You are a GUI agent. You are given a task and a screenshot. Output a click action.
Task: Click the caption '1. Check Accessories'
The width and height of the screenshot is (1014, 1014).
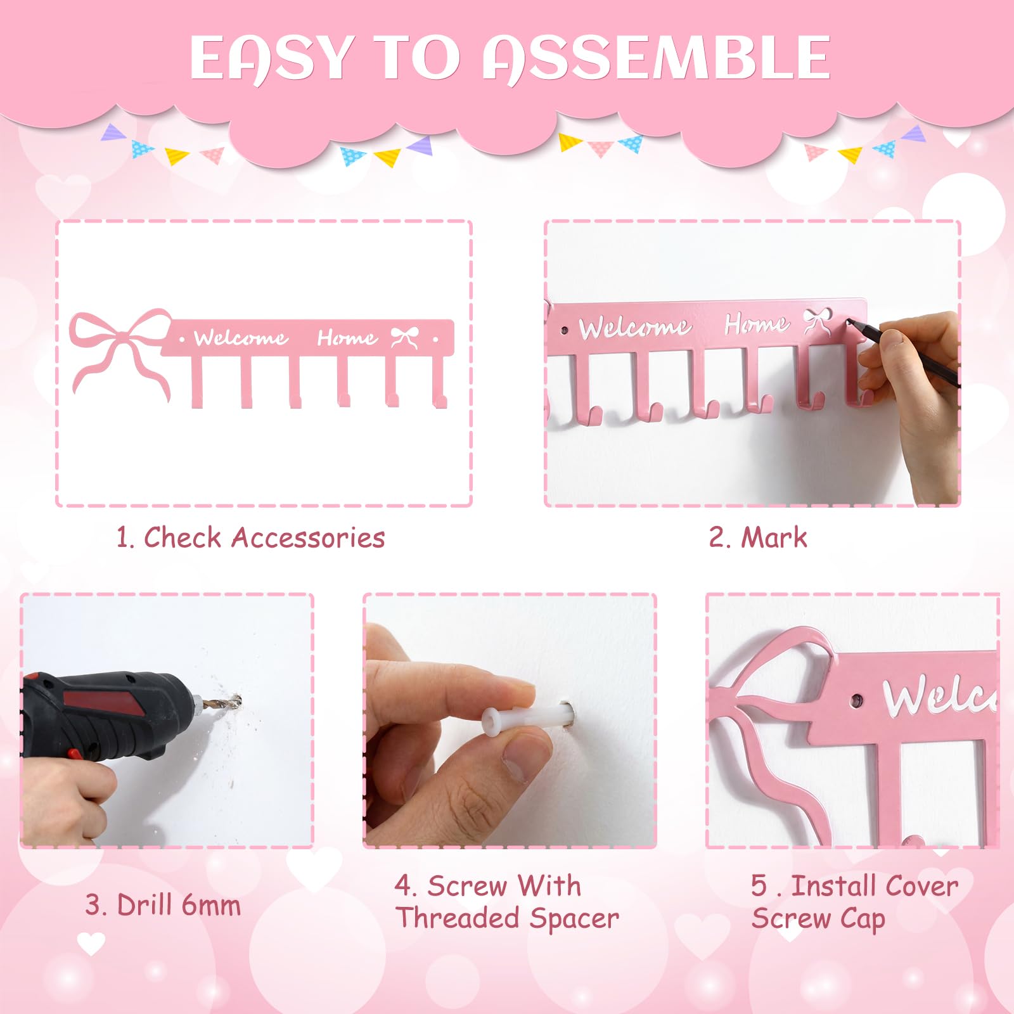pos(250,537)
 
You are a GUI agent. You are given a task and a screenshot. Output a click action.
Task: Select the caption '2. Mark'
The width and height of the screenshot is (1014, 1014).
pos(758,537)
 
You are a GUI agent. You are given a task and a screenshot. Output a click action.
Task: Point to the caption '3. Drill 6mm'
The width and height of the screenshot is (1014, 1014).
pos(163,905)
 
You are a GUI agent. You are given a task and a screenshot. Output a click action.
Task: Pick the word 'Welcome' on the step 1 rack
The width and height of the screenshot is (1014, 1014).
pos(241,338)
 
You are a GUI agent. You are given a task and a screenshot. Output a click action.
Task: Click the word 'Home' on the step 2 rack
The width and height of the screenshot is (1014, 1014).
pos(757,324)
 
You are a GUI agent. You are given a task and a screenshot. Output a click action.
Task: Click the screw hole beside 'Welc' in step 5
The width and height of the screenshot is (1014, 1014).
pos(857,702)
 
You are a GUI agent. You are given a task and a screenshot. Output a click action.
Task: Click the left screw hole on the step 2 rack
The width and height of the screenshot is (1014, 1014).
pos(565,330)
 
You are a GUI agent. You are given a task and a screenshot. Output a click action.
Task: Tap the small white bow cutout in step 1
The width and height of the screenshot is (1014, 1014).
pos(404,338)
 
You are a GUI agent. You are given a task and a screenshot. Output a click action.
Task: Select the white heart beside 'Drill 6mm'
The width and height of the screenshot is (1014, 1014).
pos(91,944)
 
